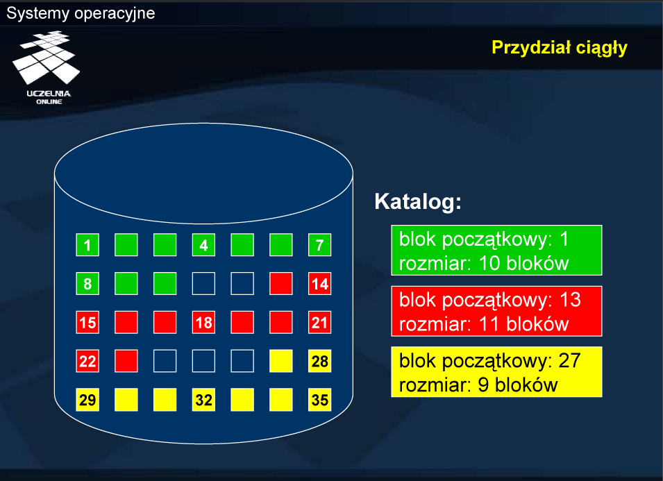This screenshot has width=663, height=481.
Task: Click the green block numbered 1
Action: click(x=87, y=245)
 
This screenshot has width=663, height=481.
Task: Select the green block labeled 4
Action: click(x=203, y=245)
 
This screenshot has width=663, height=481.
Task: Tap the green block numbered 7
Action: click(x=319, y=245)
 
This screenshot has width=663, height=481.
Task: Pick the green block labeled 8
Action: click(x=87, y=283)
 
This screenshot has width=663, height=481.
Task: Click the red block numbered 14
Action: click(x=319, y=283)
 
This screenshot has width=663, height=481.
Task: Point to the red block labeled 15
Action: click(x=87, y=322)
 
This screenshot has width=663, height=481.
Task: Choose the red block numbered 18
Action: click(x=203, y=322)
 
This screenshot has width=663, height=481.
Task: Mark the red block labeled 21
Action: click(x=319, y=322)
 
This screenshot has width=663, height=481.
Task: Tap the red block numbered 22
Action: click(x=87, y=361)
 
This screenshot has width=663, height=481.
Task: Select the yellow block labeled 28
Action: click(x=319, y=361)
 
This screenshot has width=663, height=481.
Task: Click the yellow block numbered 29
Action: click(x=87, y=399)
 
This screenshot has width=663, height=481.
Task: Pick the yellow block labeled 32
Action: click(x=203, y=399)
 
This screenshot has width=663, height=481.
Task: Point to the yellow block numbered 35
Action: click(x=319, y=399)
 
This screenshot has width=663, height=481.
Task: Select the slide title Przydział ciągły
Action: click(x=560, y=48)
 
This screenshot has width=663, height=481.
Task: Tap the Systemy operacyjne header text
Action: click(x=81, y=13)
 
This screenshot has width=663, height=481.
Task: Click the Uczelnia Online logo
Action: click(x=47, y=67)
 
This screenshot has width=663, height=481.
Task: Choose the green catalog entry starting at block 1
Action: click(x=496, y=251)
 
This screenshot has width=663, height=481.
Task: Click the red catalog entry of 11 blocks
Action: click(x=496, y=311)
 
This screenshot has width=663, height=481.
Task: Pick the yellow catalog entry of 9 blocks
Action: click(x=496, y=372)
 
